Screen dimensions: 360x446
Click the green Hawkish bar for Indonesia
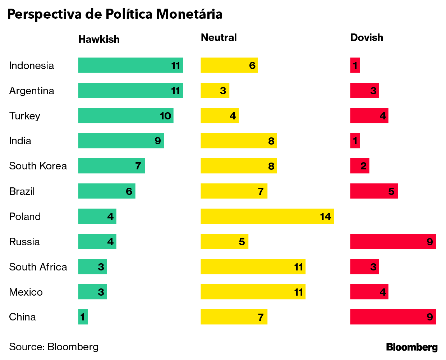click(x=130, y=65)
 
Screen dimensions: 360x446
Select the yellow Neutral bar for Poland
click(x=267, y=216)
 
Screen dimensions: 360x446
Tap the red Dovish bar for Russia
click(x=393, y=241)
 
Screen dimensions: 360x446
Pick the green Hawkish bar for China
click(x=83, y=317)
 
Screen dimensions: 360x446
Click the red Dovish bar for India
click(x=355, y=141)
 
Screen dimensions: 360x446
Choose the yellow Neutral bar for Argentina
click(x=215, y=90)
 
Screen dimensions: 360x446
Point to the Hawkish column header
click(x=99, y=39)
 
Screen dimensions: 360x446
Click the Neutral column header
click(x=219, y=37)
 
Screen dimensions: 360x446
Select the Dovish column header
click(x=367, y=37)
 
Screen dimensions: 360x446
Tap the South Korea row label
click(x=38, y=166)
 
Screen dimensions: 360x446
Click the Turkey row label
click(x=24, y=116)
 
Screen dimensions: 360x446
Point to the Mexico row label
click(x=26, y=292)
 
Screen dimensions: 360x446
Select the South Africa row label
click(x=38, y=267)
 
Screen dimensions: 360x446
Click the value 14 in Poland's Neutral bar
click(x=325, y=217)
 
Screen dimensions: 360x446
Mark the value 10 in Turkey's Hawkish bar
click(x=165, y=116)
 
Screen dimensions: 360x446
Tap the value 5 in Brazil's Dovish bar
click(x=391, y=191)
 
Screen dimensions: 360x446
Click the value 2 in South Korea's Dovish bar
click(x=363, y=166)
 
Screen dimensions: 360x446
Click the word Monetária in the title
click(x=189, y=14)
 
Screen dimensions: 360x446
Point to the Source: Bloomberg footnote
click(x=54, y=347)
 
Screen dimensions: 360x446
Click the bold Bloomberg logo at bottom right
click(x=411, y=347)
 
